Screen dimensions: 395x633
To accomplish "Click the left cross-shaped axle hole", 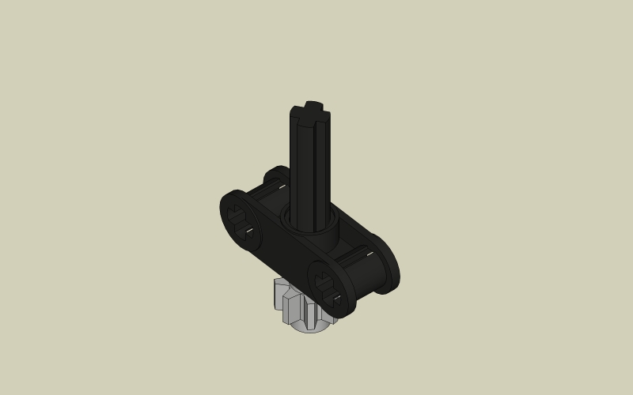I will [240, 222].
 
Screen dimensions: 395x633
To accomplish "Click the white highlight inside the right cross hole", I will [335, 298].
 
